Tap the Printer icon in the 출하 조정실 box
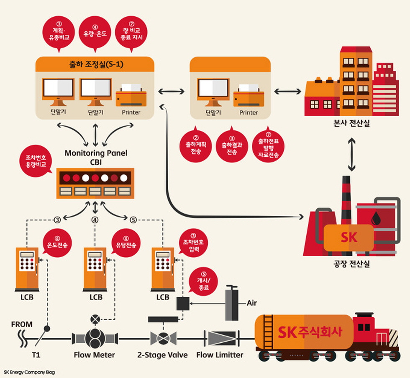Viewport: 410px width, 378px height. coord(131,96)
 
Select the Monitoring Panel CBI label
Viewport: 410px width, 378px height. coord(96,157)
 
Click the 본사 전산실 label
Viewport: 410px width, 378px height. coord(349,123)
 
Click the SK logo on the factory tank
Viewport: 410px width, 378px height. coord(349,238)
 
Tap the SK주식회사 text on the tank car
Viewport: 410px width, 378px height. coord(310,332)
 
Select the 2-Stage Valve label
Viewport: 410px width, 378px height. coord(162,355)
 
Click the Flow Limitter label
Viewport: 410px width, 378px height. coord(220,355)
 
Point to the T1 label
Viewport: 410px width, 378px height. coord(37,355)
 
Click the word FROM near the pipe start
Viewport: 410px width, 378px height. coord(22,324)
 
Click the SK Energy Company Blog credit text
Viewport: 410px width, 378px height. coord(29,372)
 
